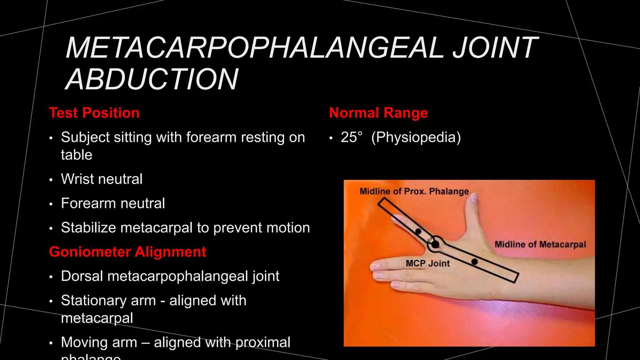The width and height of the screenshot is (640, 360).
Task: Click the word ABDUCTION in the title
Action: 152,79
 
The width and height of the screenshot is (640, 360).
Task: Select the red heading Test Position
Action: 94,113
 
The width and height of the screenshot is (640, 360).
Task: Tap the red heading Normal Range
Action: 378,113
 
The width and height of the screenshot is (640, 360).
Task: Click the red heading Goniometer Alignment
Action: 127,252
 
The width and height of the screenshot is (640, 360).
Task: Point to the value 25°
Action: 352,137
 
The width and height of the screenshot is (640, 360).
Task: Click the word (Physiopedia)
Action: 416,137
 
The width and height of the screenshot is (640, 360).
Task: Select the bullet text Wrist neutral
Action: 102,179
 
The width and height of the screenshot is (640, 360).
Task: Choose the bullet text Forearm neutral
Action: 113,203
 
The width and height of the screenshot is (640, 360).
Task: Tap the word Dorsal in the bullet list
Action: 82,276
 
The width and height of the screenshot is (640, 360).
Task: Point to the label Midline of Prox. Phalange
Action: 414,191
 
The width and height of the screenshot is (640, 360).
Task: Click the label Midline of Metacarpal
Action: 540,244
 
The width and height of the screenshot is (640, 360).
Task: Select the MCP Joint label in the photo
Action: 427,263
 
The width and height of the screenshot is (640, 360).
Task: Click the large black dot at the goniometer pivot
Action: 435,244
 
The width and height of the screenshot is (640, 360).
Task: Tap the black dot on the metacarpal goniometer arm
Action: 474,262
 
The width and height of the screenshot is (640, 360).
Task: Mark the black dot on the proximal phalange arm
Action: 418,232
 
